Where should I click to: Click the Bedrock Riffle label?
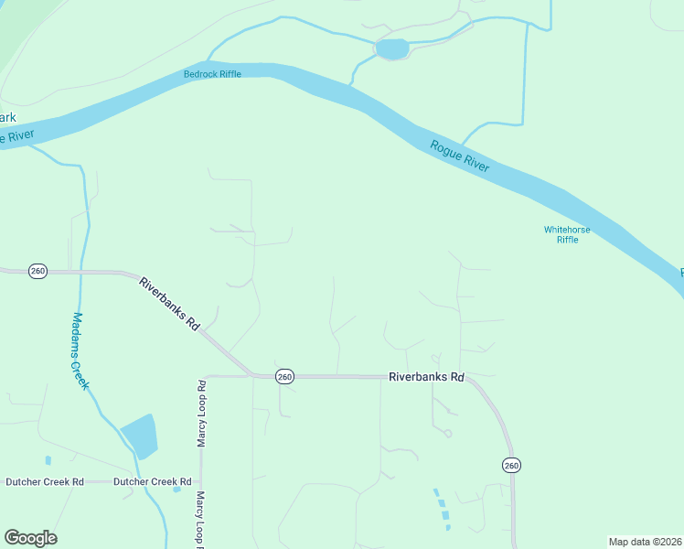[212, 74]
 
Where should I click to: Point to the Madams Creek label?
[80, 351]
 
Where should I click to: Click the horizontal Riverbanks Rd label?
[426, 376]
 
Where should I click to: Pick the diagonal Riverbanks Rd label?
[169, 303]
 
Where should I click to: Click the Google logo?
[30, 538]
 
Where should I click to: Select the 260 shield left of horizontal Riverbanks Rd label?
[284, 376]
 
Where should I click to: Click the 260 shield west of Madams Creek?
[37, 271]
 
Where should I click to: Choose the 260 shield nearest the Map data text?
[511, 466]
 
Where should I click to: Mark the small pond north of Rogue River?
[392, 48]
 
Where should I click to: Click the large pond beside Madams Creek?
[139, 436]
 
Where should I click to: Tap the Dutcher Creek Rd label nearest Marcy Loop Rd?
[153, 481]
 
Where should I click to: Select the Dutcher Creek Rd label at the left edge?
[45, 481]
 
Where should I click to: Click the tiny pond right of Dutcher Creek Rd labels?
[176, 489]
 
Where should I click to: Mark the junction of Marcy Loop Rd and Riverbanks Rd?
[202, 376]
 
